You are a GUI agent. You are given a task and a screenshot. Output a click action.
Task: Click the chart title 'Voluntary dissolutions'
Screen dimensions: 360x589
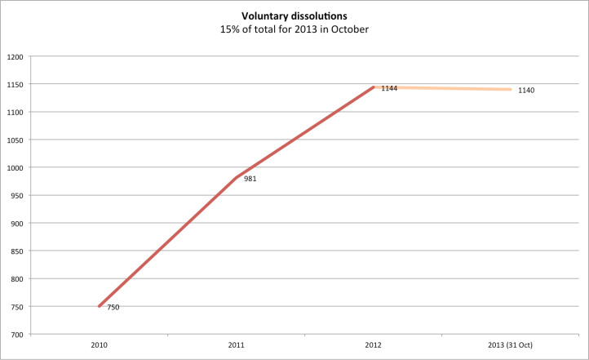pos(294,15)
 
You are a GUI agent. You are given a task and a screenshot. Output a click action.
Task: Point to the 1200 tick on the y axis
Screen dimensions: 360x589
pos(15,56)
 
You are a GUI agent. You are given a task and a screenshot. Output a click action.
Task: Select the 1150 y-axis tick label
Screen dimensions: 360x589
pos(15,84)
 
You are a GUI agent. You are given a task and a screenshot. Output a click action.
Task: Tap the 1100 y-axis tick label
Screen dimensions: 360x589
pos(15,112)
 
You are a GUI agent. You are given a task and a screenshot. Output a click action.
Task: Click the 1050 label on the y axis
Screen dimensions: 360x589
pos(15,140)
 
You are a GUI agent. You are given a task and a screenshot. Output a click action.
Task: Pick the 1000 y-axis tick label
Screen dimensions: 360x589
pos(15,167)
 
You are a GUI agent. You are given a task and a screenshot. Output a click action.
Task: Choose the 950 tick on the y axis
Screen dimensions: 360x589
pos(16,195)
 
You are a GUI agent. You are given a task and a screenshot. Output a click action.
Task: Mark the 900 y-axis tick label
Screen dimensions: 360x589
pos(16,223)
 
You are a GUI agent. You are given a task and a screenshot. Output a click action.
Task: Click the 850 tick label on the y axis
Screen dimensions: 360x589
pos(16,251)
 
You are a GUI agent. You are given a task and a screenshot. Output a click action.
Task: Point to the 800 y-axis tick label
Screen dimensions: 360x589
pos(16,278)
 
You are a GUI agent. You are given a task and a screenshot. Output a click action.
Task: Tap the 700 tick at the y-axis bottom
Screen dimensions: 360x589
pos(16,334)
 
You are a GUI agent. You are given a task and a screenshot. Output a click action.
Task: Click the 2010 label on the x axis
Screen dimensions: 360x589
pos(99,346)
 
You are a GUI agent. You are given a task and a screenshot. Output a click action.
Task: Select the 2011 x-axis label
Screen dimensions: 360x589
pos(237,346)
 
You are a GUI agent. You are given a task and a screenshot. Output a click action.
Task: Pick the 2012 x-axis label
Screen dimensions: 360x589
pos(374,346)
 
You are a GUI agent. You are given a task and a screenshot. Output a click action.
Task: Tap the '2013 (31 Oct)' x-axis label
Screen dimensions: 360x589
pos(511,346)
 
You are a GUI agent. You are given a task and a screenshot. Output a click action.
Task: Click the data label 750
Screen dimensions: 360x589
pos(113,307)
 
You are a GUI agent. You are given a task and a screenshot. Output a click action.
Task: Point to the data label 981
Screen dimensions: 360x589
pos(250,179)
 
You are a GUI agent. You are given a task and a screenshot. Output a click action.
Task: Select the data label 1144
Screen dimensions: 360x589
pos(389,88)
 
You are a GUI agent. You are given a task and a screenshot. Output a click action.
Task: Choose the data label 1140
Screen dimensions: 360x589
pos(526,90)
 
